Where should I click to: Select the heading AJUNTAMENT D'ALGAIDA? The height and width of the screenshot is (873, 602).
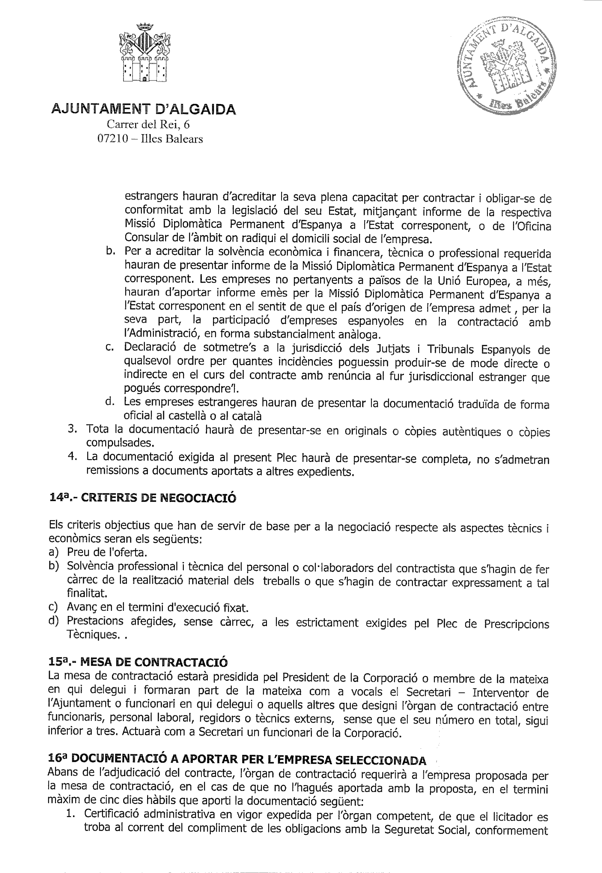143,109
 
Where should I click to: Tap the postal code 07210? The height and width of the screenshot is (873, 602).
110,139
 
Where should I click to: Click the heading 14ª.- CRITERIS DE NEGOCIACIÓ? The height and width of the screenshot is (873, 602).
143,498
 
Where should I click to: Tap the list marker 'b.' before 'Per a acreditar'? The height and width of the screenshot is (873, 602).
111,251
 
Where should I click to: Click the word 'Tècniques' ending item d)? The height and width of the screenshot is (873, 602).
91,635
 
